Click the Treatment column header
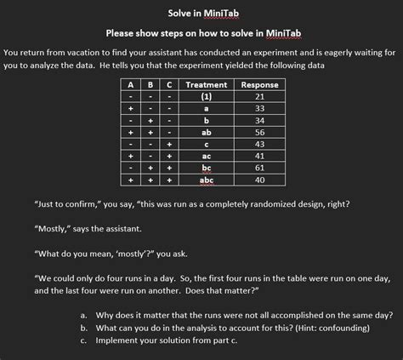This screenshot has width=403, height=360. tap(206, 85)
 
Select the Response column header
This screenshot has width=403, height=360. tap(259, 85)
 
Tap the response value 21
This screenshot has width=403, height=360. tap(259, 97)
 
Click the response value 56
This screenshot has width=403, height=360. tap(259, 133)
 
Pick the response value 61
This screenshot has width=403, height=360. tap(259, 169)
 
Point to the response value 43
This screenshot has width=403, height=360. tap(259, 145)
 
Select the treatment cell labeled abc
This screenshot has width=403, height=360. tap(206, 180)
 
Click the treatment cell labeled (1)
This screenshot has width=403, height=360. tap(206, 97)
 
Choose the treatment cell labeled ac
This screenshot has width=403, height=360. tap(206, 157)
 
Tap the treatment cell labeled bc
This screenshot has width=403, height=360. tap(206, 169)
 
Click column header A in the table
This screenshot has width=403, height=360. tap(130, 85)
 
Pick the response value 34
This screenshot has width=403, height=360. tap(259, 121)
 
